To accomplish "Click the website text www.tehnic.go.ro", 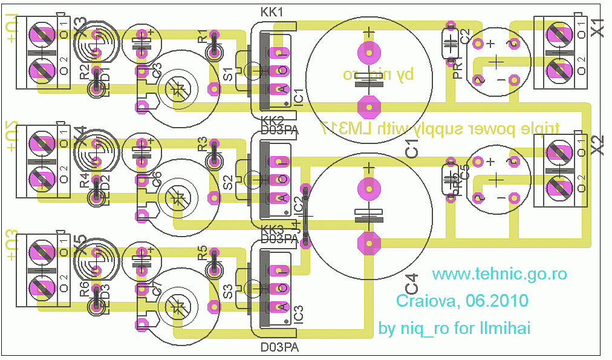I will tap(500, 274).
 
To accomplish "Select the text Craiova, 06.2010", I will tap(462, 301).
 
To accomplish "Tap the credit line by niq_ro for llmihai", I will tap(454, 329).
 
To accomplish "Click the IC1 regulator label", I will tap(298, 91).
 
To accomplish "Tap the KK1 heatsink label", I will tap(272, 13).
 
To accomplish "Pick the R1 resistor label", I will tap(203, 37).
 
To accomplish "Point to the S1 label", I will tap(229, 75).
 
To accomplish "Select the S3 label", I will tap(229, 291).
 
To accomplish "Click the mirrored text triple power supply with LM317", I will tap(440, 128).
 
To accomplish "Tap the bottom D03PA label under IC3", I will tap(279, 348).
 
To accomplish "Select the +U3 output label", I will tap(12, 245).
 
